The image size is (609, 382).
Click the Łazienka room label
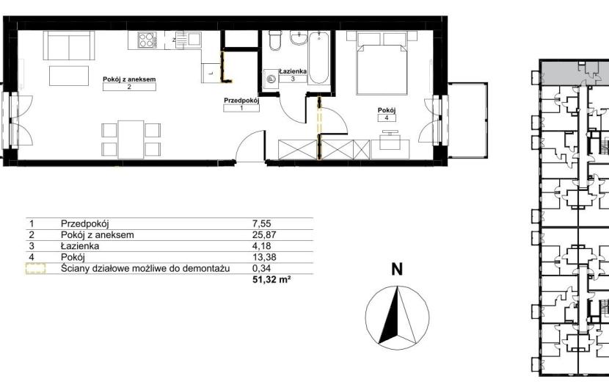(293, 71)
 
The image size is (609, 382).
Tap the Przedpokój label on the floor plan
(241, 101)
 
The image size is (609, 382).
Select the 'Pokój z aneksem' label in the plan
(129, 79)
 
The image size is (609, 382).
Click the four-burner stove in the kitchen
(147, 39)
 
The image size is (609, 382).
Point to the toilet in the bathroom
(274, 40)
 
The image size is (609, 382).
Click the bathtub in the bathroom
(319, 58)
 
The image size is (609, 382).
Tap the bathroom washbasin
(299, 37)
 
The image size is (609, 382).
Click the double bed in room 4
(382, 63)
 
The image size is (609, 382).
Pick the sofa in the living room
(69, 46)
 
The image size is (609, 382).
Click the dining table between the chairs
(131, 140)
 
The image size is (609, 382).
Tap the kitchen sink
(188, 40)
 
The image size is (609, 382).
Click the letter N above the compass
(396, 269)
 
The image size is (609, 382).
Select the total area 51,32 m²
(271, 279)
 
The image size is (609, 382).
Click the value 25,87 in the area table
(264, 235)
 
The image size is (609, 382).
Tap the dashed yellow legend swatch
(35, 268)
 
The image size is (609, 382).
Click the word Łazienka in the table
(80, 246)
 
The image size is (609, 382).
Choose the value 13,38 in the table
(264, 257)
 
